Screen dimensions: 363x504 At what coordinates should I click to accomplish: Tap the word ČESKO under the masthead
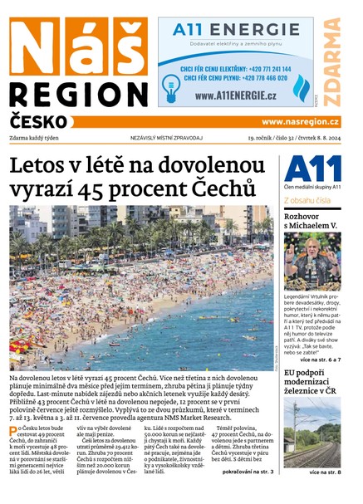point(38,121)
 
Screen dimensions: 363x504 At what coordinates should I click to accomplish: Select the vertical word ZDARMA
point(334,61)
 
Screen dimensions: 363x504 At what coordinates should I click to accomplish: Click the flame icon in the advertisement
point(302,85)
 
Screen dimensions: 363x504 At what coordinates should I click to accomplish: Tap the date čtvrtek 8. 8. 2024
point(316,138)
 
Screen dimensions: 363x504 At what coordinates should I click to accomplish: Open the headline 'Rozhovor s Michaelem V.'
point(311,220)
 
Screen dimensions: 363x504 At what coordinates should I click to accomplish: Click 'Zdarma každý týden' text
point(42,138)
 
